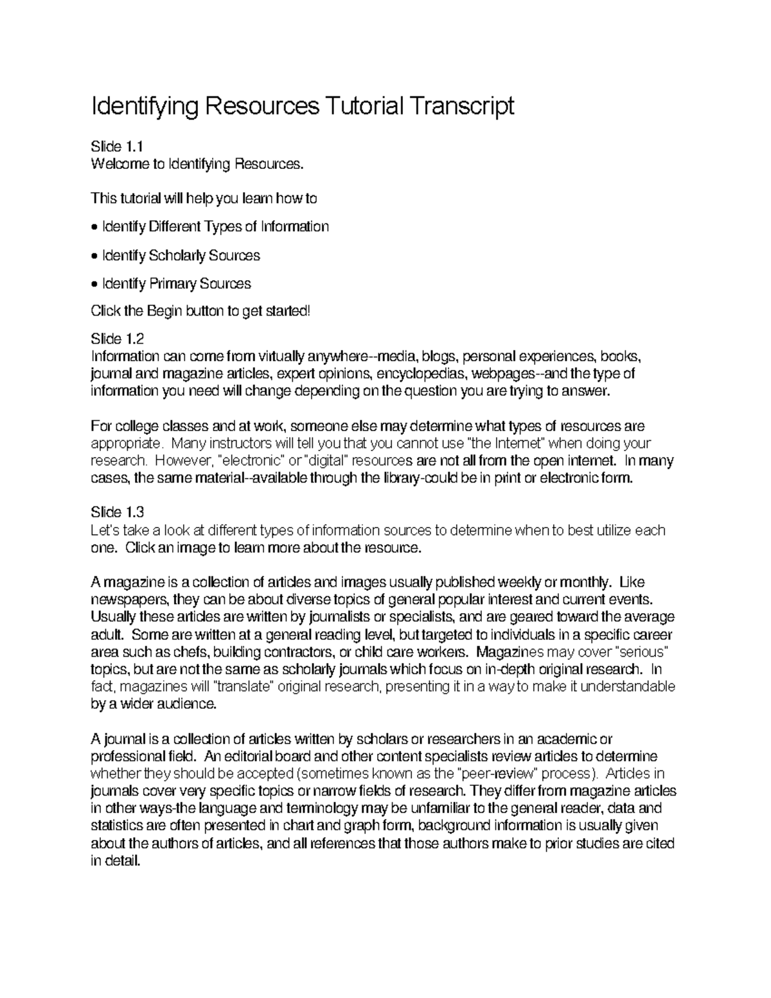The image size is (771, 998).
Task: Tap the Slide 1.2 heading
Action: [x=118, y=339]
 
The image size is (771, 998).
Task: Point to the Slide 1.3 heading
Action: [x=118, y=512]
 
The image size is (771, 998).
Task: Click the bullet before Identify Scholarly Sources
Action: [x=95, y=256]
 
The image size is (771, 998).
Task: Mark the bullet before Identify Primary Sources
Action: [x=95, y=284]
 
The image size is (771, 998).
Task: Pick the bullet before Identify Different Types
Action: [x=95, y=227]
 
